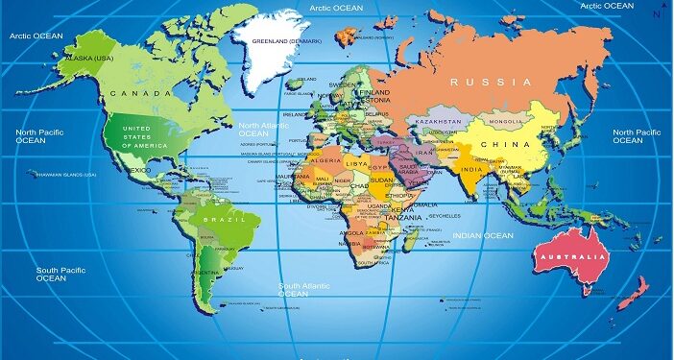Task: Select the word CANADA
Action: (x=133, y=93)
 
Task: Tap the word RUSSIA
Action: (x=491, y=82)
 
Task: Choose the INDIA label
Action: (x=469, y=170)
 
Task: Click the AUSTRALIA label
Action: (x=572, y=258)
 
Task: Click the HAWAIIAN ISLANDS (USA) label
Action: (x=65, y=175)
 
